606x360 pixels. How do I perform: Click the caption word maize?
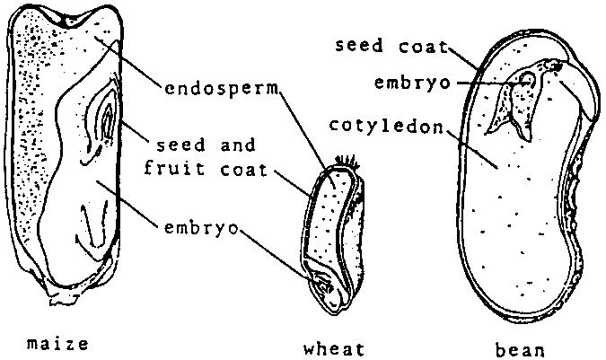pyautogui.click(x=57, y=343)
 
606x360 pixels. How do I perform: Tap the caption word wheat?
pyautogui.click(x=334, y=349)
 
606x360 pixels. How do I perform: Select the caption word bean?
pyautogui.click(x=520, y=350)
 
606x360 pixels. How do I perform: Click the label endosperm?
pyautogui.click(x=222, y=89)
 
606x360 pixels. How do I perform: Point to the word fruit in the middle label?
pyautogui.click(x=173, y=169)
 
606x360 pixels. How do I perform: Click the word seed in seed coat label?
pyautogui.click(x=358, y=45)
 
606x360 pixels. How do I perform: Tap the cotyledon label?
pyautogui.click(x=386, y=126)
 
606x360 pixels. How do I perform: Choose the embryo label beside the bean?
pyautogui.click(x=412, y=83)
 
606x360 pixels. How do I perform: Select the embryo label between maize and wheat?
pyautogui.click(x=201, y=228)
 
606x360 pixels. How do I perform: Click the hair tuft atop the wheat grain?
pyautogui.click(x=347, y=162)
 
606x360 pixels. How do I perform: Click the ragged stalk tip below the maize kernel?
pyautogui.click(x=61, y=295)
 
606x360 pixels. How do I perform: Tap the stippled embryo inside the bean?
pyautogui.click(x=514, y=101)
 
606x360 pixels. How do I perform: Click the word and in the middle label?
pyautogui.click(x=238, y=145)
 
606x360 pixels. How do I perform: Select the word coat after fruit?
pyautogui.click(x=244, y=170)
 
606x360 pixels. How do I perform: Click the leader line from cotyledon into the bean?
pyautogui.click(x=472, y=150)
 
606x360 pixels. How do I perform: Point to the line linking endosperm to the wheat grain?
pyautogui.click(x=306, y=137)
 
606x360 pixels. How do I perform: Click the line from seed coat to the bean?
pyautogui.click(x=463, y=57)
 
